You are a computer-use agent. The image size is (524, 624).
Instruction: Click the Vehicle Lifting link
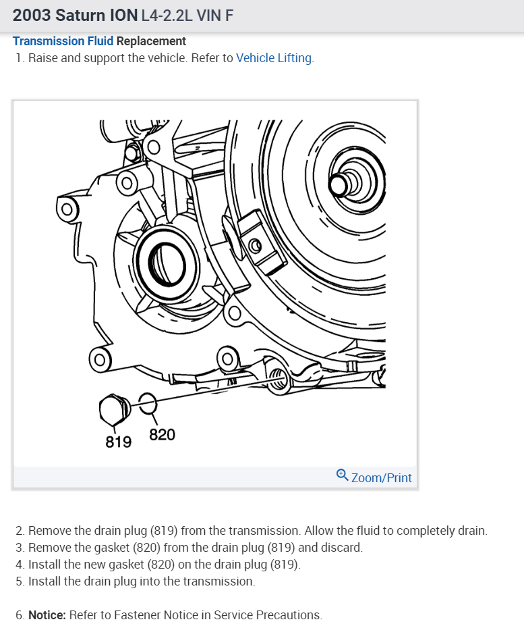(x=274, y=58)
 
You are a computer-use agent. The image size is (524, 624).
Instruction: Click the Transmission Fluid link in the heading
(x=63, y=41)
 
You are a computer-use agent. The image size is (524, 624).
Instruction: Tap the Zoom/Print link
(x=381, y=477)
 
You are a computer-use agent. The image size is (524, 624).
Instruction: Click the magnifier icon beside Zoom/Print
(x=342, y=475)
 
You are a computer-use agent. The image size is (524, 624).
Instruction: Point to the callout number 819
(x=118, y=442)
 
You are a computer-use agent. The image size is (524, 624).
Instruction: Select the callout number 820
(x=162, y=435)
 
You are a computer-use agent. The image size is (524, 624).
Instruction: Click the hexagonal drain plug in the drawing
(x=112, y=409)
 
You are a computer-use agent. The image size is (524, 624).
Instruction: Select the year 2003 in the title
(x=31, y=14)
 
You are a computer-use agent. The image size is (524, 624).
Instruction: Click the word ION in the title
(x=129, y=14)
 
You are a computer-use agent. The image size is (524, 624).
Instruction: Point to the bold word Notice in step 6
(x=47, y=615)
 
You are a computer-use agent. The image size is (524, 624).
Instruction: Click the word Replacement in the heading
(x=151, y=41)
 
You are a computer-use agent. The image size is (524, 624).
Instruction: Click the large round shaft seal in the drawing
(x=162, y=257)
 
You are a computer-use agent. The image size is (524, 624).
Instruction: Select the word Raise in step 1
(x=44, y=58)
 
